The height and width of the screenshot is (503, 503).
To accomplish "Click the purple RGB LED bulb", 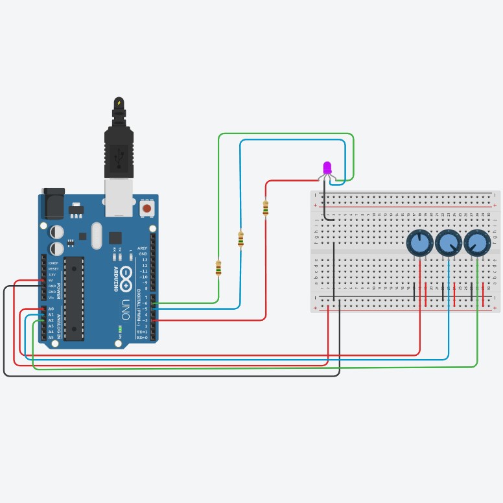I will [327, 168].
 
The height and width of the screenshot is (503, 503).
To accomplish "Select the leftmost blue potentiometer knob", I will [420, 243].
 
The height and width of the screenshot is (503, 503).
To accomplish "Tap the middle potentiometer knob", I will [449, 243].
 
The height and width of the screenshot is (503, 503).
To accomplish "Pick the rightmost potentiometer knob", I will [477, 243].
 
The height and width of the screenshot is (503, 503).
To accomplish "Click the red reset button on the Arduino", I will [147, 209].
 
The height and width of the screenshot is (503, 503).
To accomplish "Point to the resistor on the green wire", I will [218, 267].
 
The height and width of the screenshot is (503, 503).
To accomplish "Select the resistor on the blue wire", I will [240, 239].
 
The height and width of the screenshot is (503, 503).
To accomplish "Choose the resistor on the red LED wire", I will [265, 207].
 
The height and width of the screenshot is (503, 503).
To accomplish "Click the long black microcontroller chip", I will [74, 298].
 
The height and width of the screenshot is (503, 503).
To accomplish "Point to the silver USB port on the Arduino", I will [119, 197].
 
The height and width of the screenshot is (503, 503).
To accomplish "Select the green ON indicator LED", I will [120, 329].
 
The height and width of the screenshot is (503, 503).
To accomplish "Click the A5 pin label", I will [51, 337].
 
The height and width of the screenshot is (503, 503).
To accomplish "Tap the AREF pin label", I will [143, 248].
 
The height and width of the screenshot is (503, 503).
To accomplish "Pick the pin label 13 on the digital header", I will [144, 259].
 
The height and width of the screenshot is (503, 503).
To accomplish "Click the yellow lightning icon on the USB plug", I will [119, 103].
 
